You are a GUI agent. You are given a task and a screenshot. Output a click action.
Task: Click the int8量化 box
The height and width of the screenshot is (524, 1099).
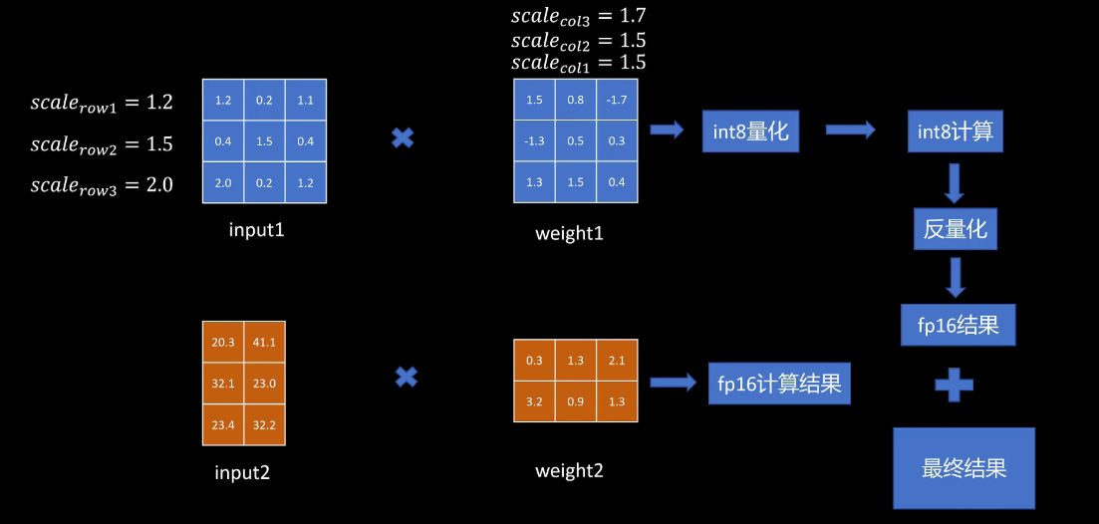(x=750, y=131)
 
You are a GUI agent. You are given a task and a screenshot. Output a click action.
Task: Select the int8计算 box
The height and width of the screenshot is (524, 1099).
(x=956, y=131)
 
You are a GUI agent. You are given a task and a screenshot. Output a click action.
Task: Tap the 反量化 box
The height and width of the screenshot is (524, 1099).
(x=955, y=228)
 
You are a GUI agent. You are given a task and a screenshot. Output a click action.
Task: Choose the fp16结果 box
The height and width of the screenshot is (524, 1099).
(x=958, y=325)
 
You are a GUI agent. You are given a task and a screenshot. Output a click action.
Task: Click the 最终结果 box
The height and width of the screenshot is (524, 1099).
(x=963, y=467)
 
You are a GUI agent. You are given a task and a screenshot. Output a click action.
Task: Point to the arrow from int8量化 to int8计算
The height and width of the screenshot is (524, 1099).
(x=850, y=131)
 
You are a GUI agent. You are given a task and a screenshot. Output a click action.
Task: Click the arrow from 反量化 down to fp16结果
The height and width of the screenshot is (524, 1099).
(x=956, y=277)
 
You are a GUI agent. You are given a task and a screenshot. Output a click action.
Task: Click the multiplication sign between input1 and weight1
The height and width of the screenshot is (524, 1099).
(x=403, y=137)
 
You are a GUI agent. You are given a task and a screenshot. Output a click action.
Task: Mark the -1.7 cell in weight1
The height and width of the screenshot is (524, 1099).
(x=617, y=100)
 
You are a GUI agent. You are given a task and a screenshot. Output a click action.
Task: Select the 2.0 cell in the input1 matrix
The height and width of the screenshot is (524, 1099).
(x=222, y=182)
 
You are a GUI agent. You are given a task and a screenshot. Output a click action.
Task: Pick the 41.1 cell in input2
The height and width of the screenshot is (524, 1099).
(x=264, y=342)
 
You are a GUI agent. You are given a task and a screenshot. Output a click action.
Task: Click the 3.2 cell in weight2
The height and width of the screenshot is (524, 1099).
(x=534, y=401)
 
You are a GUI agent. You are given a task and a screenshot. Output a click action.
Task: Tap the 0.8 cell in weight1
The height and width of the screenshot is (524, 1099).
(x=576, y=100)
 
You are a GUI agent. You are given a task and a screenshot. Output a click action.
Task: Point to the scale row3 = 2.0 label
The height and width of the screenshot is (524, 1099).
(x=102, y=185)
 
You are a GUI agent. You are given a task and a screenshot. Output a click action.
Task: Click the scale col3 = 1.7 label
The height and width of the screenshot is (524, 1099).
(x=578, y=15)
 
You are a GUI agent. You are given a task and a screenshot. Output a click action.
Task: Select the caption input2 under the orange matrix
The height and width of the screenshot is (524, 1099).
(x=242, y=472)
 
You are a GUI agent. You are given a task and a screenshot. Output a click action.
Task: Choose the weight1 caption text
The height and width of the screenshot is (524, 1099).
(x=569, y=233)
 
